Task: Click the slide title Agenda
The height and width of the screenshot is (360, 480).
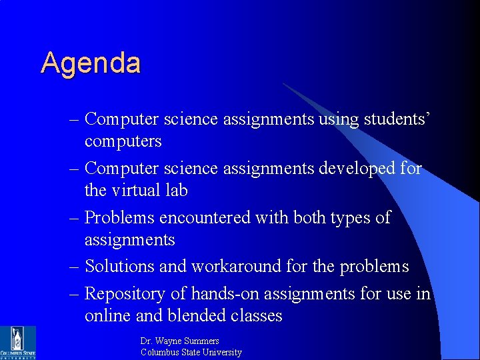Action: click(x=91, y=63)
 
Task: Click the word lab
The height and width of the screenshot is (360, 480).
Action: click(x=177, y=191)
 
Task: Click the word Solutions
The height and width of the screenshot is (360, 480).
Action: click(x=120, y=267)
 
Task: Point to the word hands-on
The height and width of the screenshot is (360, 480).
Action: click(x=225, y=293)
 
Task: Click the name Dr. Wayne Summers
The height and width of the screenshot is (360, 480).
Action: click(x=180, y=341)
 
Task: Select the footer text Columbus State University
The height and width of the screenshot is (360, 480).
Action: click(x=191, y=352)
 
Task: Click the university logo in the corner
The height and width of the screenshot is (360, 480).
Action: click(x=18, y=342)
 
